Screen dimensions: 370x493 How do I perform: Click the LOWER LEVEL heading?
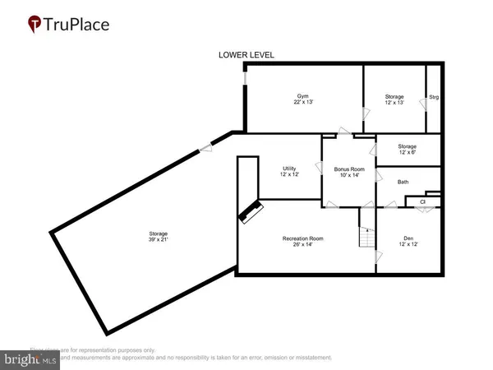click(246, 55)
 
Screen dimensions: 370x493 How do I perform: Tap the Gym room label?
click(303, 96)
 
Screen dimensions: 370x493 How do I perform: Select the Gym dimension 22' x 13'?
click(303, 103)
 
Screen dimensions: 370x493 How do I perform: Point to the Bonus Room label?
click(348, 169)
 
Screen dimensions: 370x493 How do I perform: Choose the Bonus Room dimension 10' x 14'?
click(348, 175)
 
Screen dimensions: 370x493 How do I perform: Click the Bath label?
click(403, 182)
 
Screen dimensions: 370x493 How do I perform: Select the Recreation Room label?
click(303, 238)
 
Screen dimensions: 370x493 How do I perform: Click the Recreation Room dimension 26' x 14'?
click(303, 245)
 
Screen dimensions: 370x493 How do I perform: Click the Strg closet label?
click(434, 98)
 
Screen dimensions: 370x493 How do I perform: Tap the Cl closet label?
click(422, 201)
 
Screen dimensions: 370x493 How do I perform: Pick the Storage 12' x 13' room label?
click(394, 96)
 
